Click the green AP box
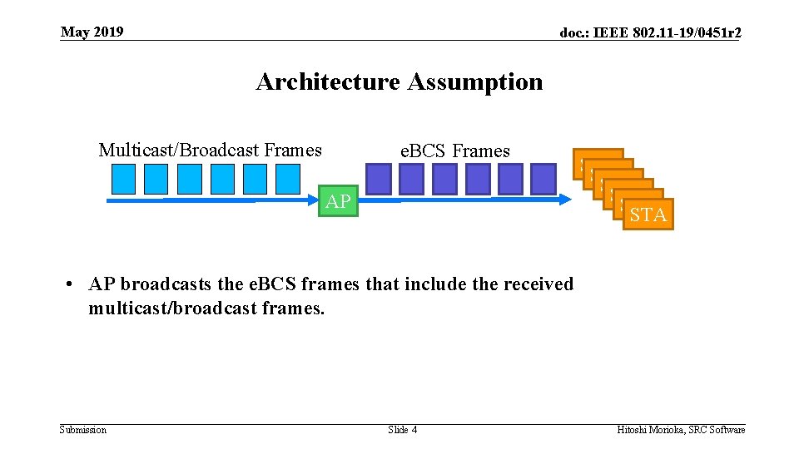(338, 201)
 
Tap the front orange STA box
(648, 215)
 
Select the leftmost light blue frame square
(123, 179)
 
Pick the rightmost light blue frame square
(287, 179)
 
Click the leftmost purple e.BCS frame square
(379, 179)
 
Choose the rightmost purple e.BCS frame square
(543, 179)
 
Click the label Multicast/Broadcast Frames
(210, 150)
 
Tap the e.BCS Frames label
(454, 151)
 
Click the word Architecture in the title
(328, 81)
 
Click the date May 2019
(92, 32)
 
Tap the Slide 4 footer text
(403, 430)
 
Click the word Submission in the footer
(83, 430)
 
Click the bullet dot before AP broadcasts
(72, 284)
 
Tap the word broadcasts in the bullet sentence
(165, 284)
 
